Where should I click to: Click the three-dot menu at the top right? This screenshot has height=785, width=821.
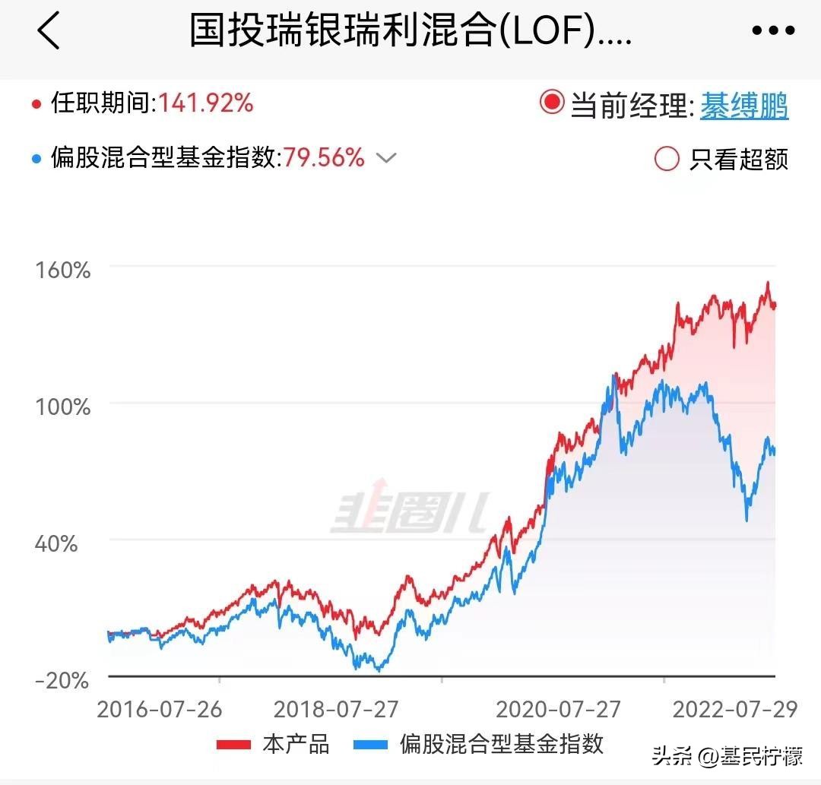click(773, 31)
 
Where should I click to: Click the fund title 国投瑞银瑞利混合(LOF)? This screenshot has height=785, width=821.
click(410, 31)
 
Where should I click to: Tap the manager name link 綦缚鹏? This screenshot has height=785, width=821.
click(744, 106)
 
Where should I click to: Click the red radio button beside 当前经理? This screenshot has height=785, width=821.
click(552, 103)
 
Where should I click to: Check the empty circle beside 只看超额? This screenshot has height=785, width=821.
click(667, 158)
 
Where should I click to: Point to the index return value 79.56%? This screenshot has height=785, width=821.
click(325, 158)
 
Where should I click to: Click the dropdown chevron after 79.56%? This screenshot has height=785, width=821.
click(387, 158)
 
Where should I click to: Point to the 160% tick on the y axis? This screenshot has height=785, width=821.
click(62, 270)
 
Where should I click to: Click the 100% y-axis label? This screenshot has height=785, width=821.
click(62, 407)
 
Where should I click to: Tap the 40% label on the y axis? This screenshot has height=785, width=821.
click(56, 543)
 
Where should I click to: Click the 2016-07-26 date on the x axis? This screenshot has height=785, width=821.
click(160, 709)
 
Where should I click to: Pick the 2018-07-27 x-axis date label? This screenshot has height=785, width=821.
click(336, 709)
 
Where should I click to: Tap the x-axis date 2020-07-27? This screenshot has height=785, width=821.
click(559, 709)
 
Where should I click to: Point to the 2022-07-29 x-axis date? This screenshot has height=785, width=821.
click(735, 709)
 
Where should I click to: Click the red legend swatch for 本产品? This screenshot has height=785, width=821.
click(233, 744)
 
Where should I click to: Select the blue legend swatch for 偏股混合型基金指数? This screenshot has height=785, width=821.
click(370, 744)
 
